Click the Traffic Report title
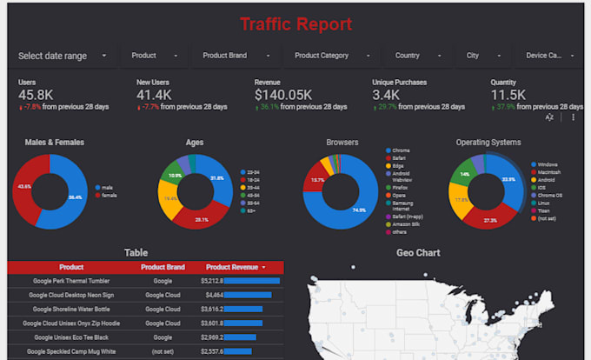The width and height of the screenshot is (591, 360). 295,23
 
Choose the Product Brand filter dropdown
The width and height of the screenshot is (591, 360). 231,56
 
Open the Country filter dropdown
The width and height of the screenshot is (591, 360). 414,56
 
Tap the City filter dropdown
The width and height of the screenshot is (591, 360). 479,56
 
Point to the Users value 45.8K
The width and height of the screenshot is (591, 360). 37,95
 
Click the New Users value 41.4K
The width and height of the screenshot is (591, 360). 155,95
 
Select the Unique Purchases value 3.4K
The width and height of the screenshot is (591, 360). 387,95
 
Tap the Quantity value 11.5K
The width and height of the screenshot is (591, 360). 508,95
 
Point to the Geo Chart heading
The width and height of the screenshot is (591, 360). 417,253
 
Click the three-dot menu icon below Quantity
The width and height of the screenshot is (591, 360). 573,117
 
